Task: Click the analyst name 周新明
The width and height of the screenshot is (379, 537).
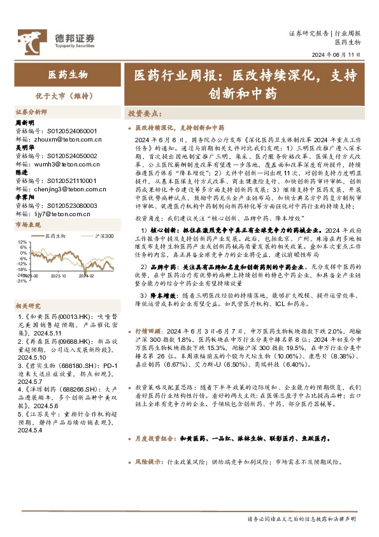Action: click(24, 122)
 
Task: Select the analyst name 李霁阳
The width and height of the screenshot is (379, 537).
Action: click(24, 197)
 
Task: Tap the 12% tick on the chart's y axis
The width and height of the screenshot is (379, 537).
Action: click(22, 242)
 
